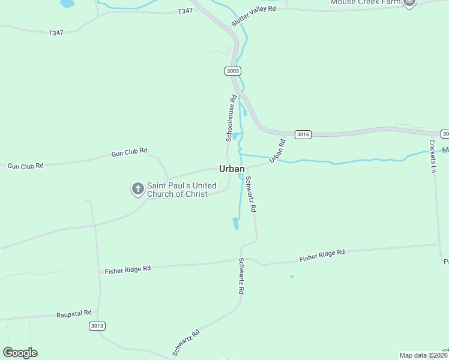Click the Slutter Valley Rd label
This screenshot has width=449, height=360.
tap(255, 17)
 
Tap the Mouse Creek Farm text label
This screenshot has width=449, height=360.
tap(364, 2)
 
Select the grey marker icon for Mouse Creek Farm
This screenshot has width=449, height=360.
tap(409, 2)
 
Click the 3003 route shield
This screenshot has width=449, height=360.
tap(233, 71)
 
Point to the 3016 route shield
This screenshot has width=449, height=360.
tap(303, 134)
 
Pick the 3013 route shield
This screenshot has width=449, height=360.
tap(97, 326)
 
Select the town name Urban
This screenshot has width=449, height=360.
tap(232, 169)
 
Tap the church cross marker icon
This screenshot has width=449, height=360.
tap(137, 190)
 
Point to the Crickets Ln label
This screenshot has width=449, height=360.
tap(432, 156)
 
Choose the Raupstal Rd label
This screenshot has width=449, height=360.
tap(74, 314)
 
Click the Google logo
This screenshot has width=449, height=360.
tap(20, 353)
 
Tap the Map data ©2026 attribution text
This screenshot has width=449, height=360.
tap(424, 355)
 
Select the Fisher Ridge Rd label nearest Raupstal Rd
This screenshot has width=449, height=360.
tap(127, 270)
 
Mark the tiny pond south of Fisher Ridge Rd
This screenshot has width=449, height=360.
tap(292, 277)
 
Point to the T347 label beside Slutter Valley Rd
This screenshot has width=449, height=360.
tap(185, 11)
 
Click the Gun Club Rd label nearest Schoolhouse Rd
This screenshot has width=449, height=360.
tap(130, 154)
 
